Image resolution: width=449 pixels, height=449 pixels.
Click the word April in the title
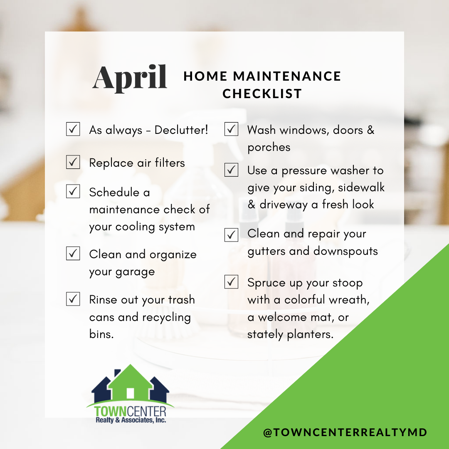pos(130,78)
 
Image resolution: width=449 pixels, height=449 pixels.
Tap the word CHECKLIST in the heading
pos(262,94)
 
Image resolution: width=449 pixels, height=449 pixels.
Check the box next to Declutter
pos(73,129)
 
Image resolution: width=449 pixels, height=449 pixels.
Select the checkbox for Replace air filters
pos(73,162)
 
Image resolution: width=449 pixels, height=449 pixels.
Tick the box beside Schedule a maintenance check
pos(73,191)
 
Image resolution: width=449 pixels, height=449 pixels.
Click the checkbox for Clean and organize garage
pos(73,253)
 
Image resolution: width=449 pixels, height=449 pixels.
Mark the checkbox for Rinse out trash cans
pos(73,299)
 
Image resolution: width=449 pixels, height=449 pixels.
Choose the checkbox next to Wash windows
pos(232,129)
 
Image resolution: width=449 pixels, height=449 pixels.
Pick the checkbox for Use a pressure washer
pos(232,170)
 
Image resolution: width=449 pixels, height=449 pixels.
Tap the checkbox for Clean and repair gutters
pos(232,235)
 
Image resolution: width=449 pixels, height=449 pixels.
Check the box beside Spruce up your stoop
pos(232,281)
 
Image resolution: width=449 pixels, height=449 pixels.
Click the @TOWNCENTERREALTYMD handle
pos(345,432)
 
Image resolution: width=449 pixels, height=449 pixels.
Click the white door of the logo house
pos(130,393)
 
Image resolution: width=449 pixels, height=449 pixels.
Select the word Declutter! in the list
pos(181,130)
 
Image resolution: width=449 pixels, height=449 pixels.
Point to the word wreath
pos(349,299)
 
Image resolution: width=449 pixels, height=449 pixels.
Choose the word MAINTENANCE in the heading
pos(287,76)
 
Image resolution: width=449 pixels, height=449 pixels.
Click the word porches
pos(269,148)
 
